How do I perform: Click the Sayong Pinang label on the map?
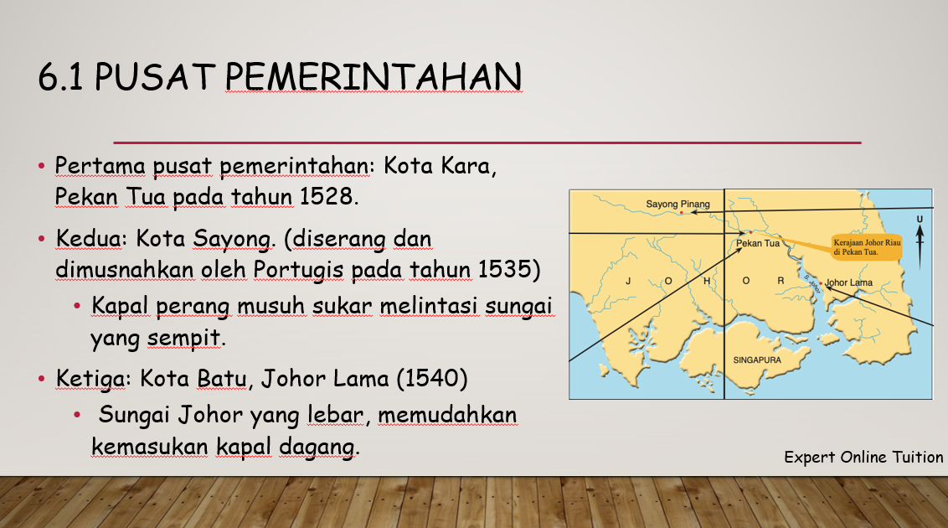click(678, 204)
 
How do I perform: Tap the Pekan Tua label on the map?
click(758, 243)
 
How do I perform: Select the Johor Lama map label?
click(848, 282)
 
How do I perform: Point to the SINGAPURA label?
click(757, 360)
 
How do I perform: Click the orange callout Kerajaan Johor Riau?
click(867, 247)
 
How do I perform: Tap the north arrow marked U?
click(920, 242)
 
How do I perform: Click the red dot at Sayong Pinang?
click(682, 212)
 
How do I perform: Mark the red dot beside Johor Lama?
click(821, 282)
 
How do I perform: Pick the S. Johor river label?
click(812, 283)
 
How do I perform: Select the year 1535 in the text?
click(503, 269)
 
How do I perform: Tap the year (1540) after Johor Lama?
click(431, 379)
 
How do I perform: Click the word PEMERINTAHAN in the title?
click(374, 77)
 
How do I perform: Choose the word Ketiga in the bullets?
click(90, 379)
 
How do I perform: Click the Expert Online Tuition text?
click(863, 458)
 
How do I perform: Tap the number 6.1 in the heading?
click(60, 77)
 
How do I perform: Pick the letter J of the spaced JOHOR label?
click(629, 281)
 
